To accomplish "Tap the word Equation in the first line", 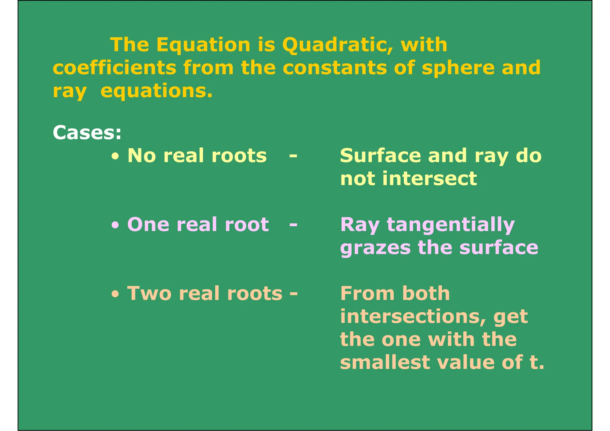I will (203, 45).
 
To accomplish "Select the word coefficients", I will (114, 68).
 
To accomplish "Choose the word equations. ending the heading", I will (157, 91).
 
